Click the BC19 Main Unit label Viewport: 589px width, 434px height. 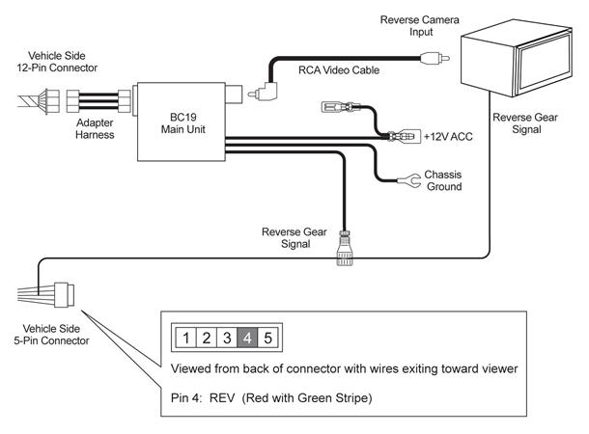point(182,123)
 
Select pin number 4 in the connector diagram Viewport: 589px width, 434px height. point(247,338)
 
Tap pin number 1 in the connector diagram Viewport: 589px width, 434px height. point(186,338)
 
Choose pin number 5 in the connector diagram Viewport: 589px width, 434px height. point(267,338)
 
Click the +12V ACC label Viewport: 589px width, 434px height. point(448,137)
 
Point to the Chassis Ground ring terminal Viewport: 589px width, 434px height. point(409,180)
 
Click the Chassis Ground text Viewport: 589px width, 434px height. point(443,180)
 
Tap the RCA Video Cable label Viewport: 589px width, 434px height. point(339,70)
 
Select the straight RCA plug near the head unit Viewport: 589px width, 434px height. point(435,58)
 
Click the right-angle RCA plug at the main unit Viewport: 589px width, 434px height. point(264,92)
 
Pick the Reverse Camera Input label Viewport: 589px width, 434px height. point(420,25)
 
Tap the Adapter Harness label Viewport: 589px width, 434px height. point(95,128)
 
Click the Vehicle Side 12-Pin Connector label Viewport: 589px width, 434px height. point(57,62)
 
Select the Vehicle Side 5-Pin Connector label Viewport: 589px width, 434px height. point(51,335)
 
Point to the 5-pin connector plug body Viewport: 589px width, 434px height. point(64,295)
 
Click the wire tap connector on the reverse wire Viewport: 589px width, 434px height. point(345,248)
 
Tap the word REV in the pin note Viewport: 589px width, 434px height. point(222,397)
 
